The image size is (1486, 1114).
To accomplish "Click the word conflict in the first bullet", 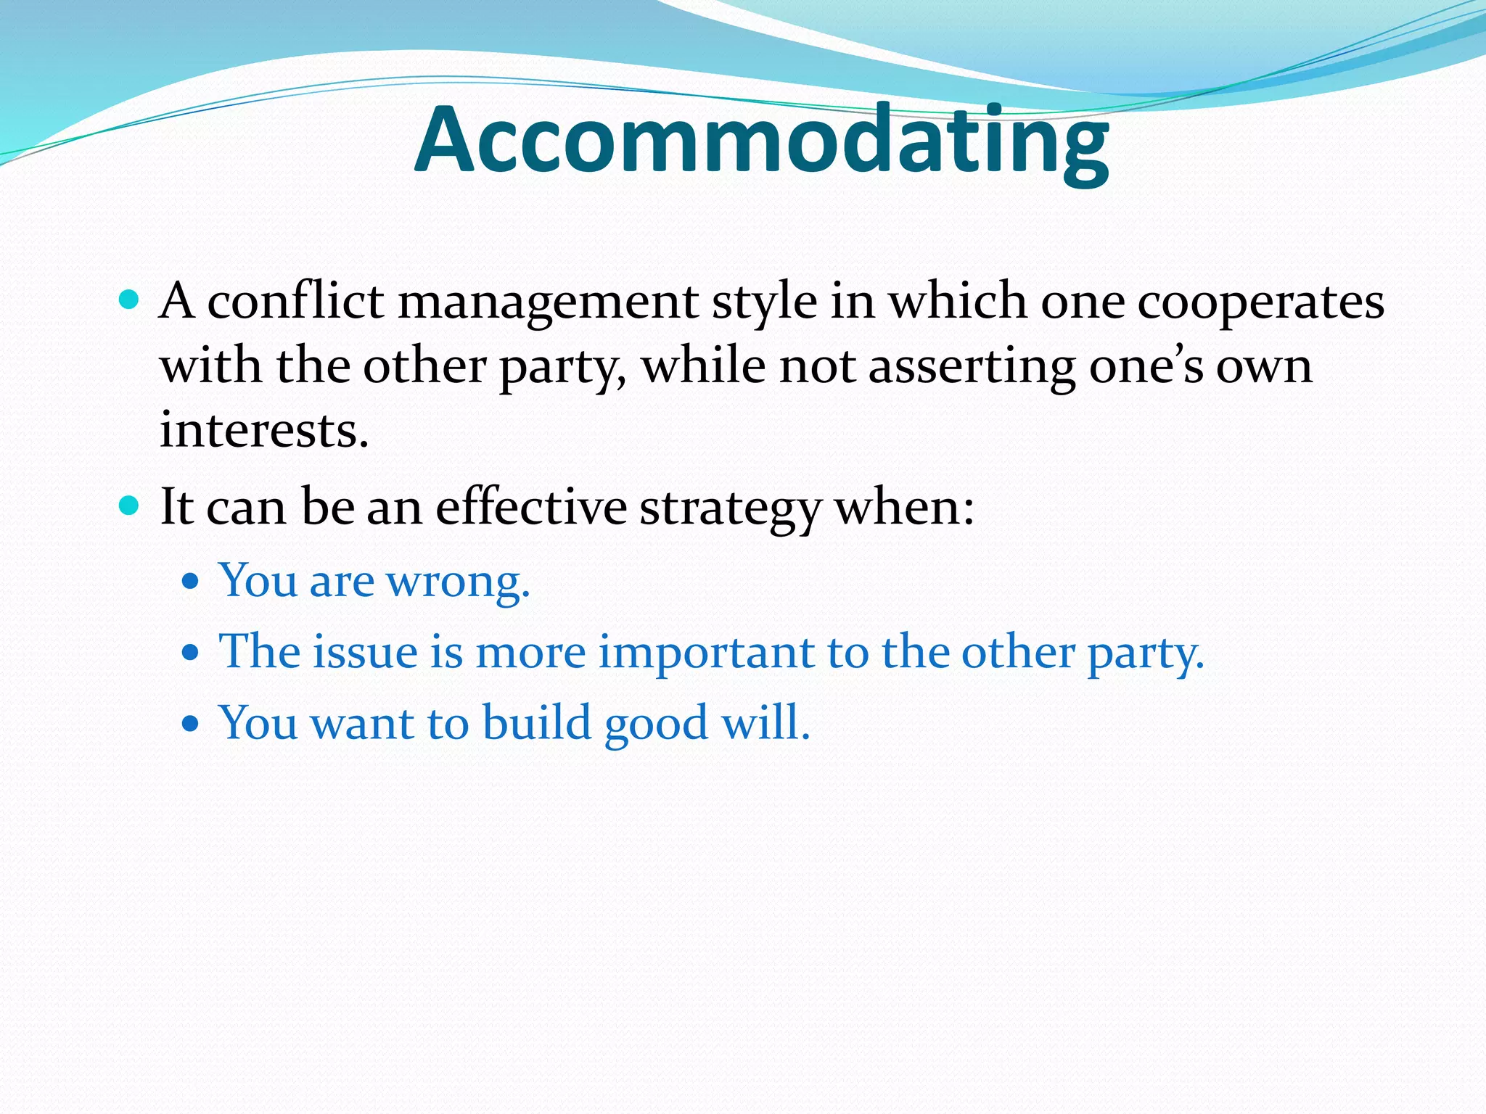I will click(x=295, y=301).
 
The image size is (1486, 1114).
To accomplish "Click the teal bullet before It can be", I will click(x=128, y=506).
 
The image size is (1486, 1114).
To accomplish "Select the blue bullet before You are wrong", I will click(x=190, y=582).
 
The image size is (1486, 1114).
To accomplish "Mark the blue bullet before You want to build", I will click(x=190, y=724).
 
